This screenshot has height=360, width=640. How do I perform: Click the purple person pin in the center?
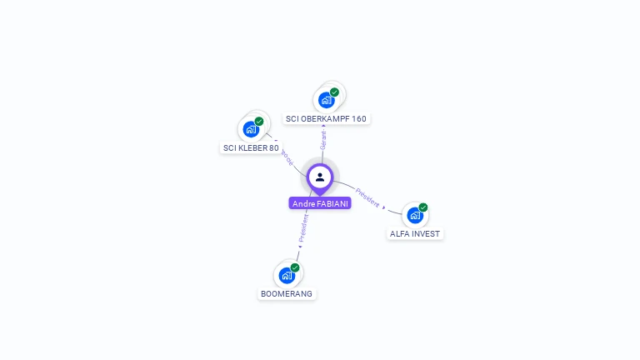[320, 177]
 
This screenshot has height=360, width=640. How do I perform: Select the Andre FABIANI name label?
[320, 203]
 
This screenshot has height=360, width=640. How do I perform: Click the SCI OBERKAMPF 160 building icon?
[326, 100]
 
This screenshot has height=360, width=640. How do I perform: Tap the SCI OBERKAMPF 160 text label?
[326, 118]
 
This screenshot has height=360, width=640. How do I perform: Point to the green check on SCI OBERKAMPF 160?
[334, 92]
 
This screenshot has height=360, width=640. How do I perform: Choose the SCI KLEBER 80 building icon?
[250, 129]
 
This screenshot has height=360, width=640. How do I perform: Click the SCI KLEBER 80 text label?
[250, 147]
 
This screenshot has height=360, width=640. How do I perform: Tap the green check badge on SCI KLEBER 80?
[259, 122]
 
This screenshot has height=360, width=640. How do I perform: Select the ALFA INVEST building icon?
[415, 215]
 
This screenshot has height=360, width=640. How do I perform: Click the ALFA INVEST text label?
[415, 233]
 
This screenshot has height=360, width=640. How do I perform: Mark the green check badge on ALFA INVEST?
[423, 207]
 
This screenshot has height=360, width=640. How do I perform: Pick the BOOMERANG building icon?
[287, 275]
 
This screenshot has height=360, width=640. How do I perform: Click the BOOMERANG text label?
[287, 293]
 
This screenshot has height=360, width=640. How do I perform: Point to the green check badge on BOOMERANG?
[295, 267]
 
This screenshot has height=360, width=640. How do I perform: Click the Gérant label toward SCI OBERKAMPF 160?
[323, 140]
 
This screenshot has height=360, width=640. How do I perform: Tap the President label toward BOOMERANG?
[304, 227]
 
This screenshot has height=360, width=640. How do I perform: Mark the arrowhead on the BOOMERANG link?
[300, 246]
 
